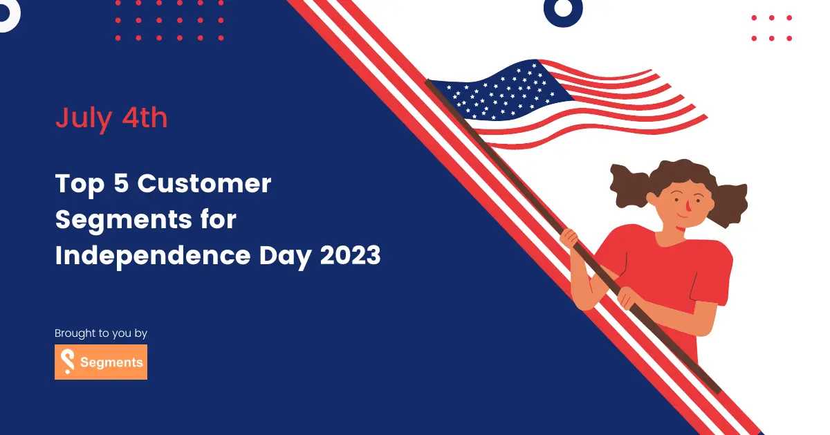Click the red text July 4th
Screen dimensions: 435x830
click(x=111, y=118)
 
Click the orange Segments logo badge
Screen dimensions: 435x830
click(x=101, y=362)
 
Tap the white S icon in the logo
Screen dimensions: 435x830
click(x=68, y=362)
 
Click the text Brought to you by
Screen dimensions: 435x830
click(x=101, y=333)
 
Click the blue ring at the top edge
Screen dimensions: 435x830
click(x=563, y=8)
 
